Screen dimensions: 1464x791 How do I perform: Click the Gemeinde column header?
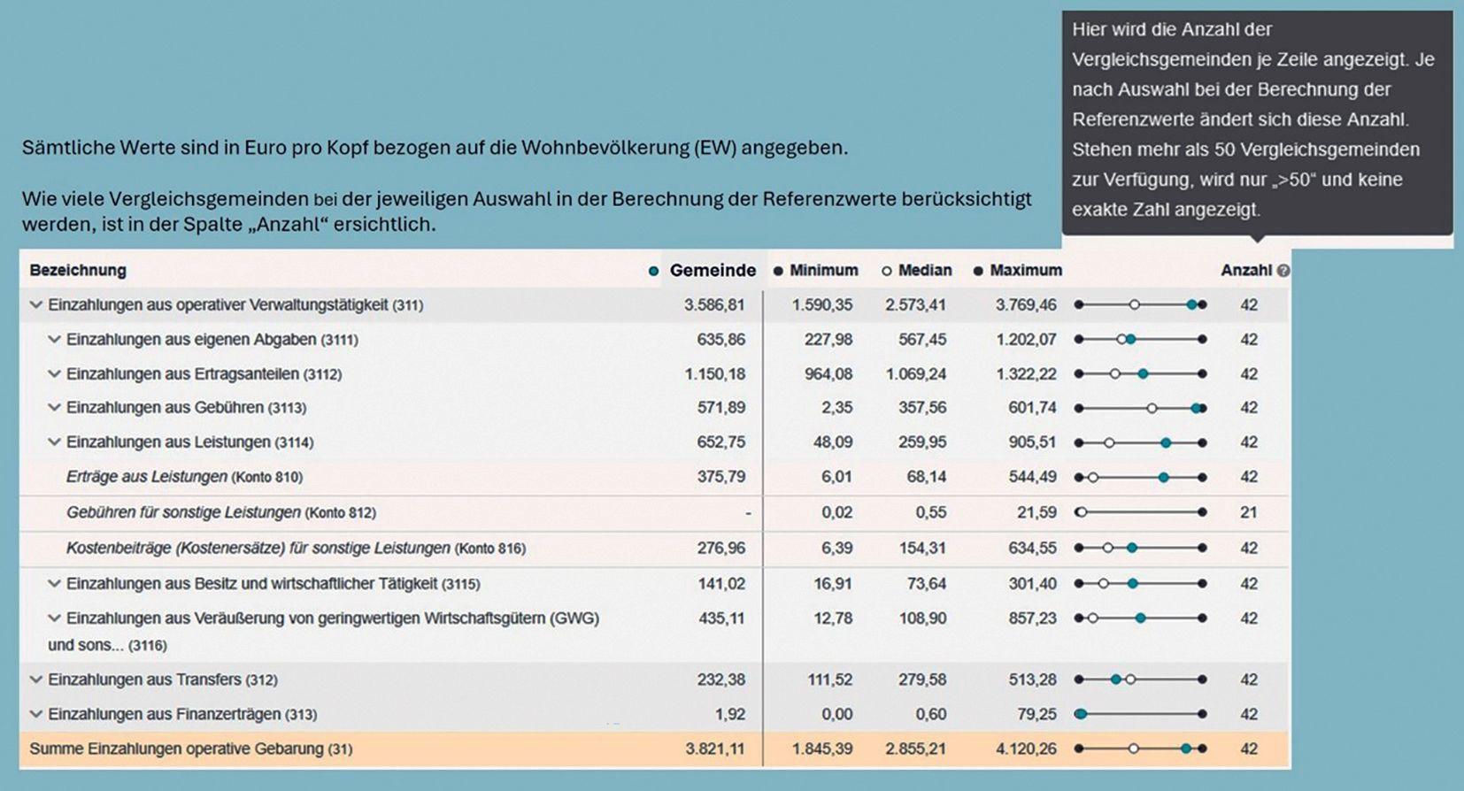(x=713, y=271)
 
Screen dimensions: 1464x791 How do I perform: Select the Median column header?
(x=925, y=271)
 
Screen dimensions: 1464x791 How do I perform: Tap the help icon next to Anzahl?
(x=1283, y=271)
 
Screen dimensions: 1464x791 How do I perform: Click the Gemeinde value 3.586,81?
(x=714, y=305)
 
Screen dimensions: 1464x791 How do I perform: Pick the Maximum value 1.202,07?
(x=1026, y=340)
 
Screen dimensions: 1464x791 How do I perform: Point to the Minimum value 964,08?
(x=828, y=374)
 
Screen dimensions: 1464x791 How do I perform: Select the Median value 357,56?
(x=922, y=408)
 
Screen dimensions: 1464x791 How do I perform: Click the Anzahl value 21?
(x=1248, y=513)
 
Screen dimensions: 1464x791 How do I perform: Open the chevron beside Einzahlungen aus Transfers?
(x=36, y=680)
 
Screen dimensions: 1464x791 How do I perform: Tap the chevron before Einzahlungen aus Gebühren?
(x=55, y=408)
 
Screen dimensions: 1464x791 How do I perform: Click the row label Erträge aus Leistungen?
(x=146, y=477)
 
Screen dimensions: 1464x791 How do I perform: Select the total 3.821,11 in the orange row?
(x=714, y=749)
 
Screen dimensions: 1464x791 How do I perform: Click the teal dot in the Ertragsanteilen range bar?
(x=1143, y=374)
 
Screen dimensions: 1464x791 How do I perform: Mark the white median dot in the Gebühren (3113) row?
(x=1152, y=408)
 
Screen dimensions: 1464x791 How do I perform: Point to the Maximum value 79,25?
(x=1036, y=715)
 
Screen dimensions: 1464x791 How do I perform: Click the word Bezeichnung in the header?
(x=78, y=271)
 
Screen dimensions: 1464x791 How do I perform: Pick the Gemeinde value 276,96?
(x=720, y=548)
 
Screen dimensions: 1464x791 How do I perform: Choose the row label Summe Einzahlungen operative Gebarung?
(x=176, y=749)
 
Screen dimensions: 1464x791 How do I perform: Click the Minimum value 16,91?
(x=833, y=584)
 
